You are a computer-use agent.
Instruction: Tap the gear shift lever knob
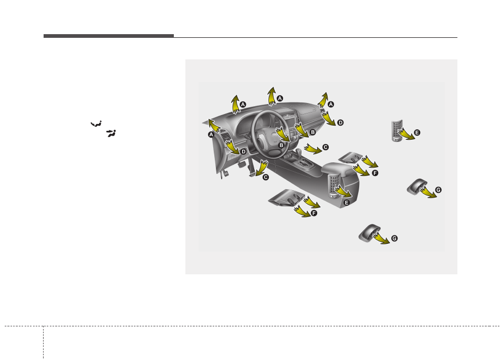click(298, 150)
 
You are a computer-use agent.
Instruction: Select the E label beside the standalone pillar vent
click(417, 132)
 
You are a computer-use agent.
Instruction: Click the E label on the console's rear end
click(347, 202)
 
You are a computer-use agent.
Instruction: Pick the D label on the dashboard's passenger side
click(340, 122)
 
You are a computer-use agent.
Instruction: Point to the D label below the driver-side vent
click(244, 151)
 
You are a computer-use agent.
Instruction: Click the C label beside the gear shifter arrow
click(326, 147)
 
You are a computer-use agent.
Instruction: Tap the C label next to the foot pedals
click(266, 177)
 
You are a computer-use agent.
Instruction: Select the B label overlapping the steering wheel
click(281, 145)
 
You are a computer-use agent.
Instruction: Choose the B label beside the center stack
click(313, 132)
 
